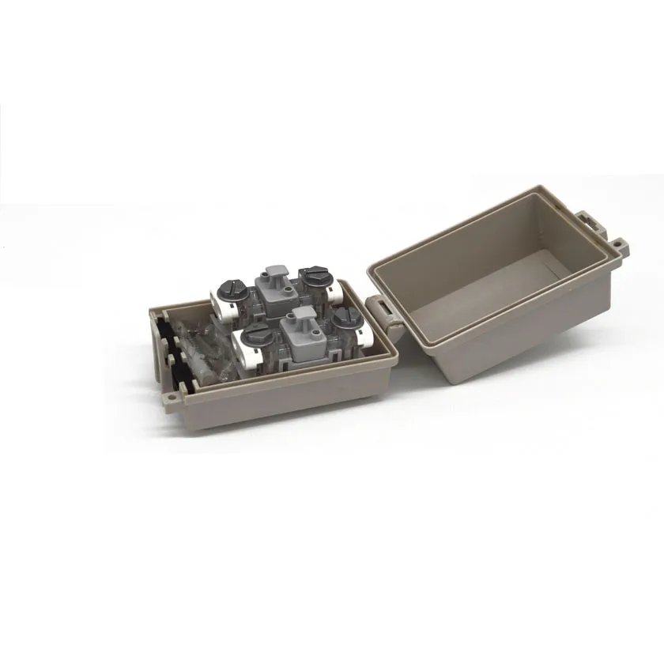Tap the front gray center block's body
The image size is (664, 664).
point(304,345)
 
